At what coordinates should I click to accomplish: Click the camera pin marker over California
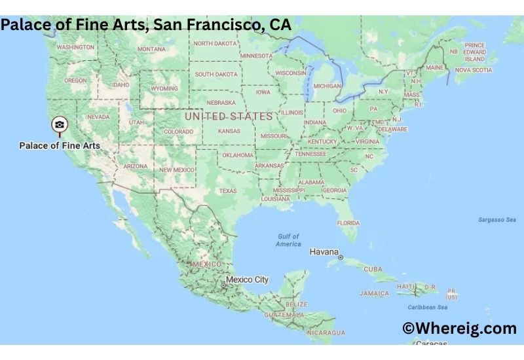[x=60, y=124]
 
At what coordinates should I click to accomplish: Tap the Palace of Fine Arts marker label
[x=60, y=145]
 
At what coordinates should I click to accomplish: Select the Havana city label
[x=324, y=252]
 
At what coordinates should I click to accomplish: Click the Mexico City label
[x=248, y=279]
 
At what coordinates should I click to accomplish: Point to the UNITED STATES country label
[x=229, y=117]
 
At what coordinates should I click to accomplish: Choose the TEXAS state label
[x=228, y=191]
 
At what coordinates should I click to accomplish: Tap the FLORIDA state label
[x=348, y=223]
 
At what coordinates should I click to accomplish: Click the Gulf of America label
[x=288, y=240]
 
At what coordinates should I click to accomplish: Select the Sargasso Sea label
[x=497, y=220]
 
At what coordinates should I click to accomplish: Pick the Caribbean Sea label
[x=428, y=308]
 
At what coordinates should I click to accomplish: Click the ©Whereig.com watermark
[x=459, y=329]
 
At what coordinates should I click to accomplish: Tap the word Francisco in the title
[x=207, y=26]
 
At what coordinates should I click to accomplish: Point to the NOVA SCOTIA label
[x=473, y=69]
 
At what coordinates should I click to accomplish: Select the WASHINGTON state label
[x=75, y=47]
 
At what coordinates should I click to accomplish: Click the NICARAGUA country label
[x=326, y=333]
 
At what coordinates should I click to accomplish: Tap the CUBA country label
[x=373, y=269]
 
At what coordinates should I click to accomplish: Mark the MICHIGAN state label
[x=327, y=86]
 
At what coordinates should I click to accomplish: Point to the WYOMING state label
[x=164, y=88]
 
